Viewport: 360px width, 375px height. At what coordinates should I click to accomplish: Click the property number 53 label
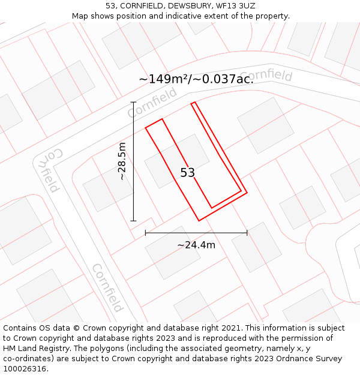point(188,173)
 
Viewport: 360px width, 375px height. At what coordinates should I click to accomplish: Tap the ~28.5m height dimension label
point(122,161)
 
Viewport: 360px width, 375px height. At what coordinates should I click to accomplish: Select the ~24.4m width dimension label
point(196,244)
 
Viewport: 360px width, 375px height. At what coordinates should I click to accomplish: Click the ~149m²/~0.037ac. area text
point(196,79)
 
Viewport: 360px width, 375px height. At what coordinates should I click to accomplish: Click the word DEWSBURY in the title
point(187,5)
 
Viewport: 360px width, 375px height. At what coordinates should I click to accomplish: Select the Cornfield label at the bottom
point(107,288)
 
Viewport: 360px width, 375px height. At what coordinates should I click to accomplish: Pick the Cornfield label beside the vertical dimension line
point(152,103)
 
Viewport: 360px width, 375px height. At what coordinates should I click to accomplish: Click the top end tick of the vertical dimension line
point(134,102)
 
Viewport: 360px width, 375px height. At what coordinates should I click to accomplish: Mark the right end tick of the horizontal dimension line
point(247,233)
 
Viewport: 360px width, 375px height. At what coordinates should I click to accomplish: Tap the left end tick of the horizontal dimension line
point(146,233)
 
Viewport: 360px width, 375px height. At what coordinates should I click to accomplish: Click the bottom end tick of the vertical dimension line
point(134,221)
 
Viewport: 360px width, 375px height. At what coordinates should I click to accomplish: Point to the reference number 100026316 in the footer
point(24,369)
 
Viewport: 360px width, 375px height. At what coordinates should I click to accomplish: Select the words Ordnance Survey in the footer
point(309,359)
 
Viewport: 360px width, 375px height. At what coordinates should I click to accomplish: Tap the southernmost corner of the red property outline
point(199,221)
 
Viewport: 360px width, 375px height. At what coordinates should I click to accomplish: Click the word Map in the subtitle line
point(81,16)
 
